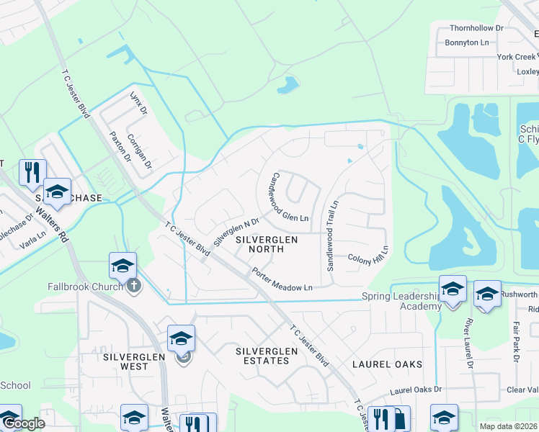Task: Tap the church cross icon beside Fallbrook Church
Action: [133, 286]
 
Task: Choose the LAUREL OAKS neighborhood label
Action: [387, 364]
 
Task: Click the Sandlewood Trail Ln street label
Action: [332, 235]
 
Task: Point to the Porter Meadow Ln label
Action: [282, 279]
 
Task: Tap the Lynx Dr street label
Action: [138, 104]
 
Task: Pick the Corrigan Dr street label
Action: [141, 151]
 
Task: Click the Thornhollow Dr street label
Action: [476, 28]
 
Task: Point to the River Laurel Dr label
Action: [468, 343]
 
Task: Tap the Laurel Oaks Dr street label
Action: [415, 390]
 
